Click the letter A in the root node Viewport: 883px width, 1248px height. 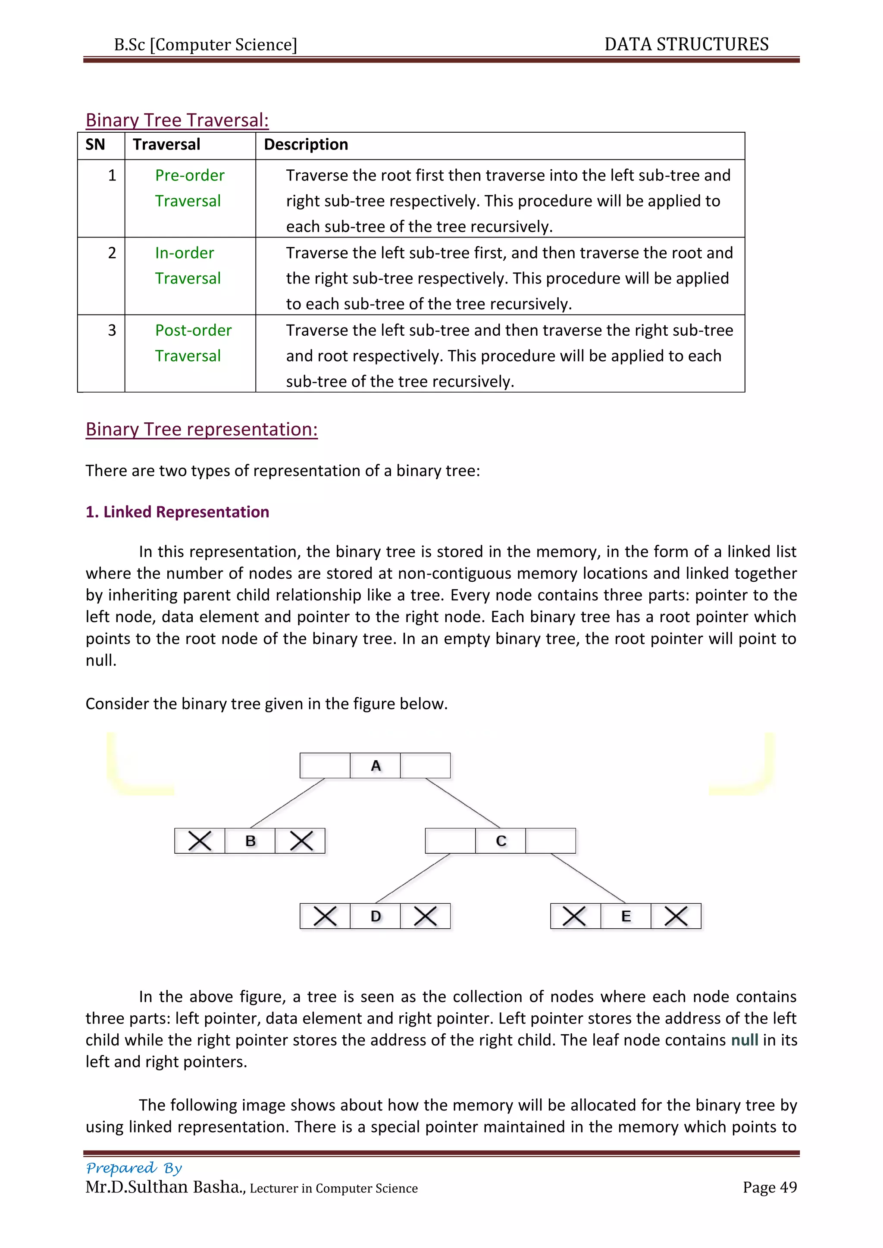(376, 766)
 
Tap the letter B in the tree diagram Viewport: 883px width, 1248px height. (250, 841)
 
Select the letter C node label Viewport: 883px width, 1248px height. (501, 841)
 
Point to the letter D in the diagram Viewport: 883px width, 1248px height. (376, 917)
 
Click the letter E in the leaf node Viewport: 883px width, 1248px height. (626, 917)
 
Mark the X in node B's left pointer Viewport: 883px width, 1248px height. (200, 841)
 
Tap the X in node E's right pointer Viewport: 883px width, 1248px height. (676, 917)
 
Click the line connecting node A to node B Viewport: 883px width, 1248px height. (287, 803)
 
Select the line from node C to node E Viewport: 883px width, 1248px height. (588, 878)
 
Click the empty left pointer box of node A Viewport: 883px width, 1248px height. (325, 766)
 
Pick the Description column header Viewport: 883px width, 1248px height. (306, 145)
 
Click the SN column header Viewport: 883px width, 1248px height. (95, 145)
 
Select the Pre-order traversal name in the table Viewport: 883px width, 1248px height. (189, 188)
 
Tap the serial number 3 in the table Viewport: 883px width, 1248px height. (112, 331)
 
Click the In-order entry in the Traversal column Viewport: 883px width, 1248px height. (187, 265)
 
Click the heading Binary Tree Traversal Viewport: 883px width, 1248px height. (177, 120)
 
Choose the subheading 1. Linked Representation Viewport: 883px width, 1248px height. (177, 512)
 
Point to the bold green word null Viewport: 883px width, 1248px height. (744, 1040)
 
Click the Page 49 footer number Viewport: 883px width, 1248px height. (769, 1187)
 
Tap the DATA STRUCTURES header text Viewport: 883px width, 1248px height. (686, 44)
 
